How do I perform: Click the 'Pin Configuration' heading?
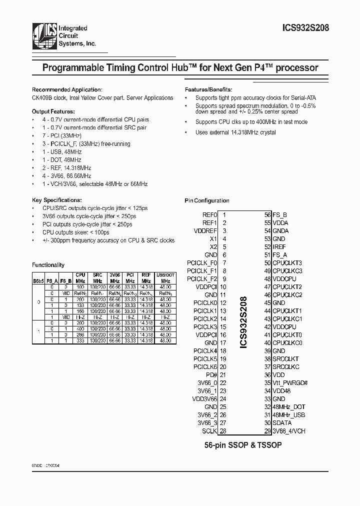pos(206,200)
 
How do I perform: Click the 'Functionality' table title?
pos(48,264)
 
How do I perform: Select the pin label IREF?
pos(279,247)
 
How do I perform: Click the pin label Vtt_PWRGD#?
pos(290,383)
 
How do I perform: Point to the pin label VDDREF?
pos(205,231)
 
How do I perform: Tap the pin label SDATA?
pos(282,423)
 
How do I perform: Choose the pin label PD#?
pos(211,375)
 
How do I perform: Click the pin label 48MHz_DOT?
pos(288,407)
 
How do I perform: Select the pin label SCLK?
pos(209,431)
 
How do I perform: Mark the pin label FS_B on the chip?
pos(279,215)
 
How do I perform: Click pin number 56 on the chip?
pos(267,215)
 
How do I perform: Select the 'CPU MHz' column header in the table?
pos(80,278)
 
